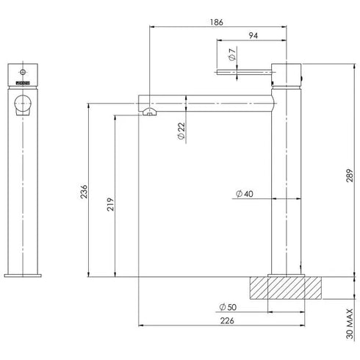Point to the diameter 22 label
(x=180, y=132)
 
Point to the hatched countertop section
(x=287, y=287)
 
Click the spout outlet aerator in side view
(x=149, y=112)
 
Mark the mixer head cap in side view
(x=287, y=72)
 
